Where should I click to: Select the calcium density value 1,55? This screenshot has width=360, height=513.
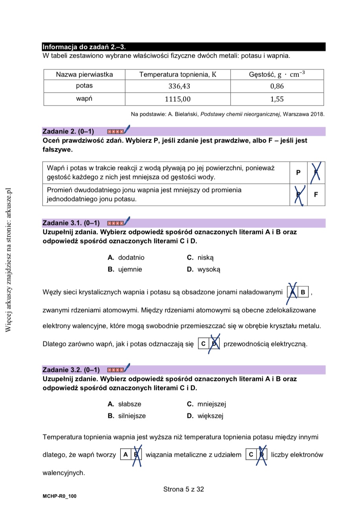tap(277, 99)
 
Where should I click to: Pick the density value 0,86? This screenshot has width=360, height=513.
tap(277, 86)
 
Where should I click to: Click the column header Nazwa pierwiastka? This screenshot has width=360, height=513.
tap(84, 74)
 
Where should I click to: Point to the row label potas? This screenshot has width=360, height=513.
tap(84, 86)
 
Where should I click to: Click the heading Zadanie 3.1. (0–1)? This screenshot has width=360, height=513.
tap(71, 223)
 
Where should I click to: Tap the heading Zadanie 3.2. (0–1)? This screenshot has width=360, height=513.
tap(71, 370)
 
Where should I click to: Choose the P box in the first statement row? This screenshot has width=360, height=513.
tap(298, 172)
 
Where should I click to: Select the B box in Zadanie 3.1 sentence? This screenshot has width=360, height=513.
tap(303, 292)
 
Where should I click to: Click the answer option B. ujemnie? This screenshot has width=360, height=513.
tap(125, 269)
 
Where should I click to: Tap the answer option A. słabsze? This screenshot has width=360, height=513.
tap(125, 404)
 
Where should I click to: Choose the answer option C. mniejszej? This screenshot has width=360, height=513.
tap(206, 404)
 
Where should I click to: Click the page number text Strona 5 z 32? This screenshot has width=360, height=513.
tap(184, 489)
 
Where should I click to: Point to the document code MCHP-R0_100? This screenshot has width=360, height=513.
tap(59, 496)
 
